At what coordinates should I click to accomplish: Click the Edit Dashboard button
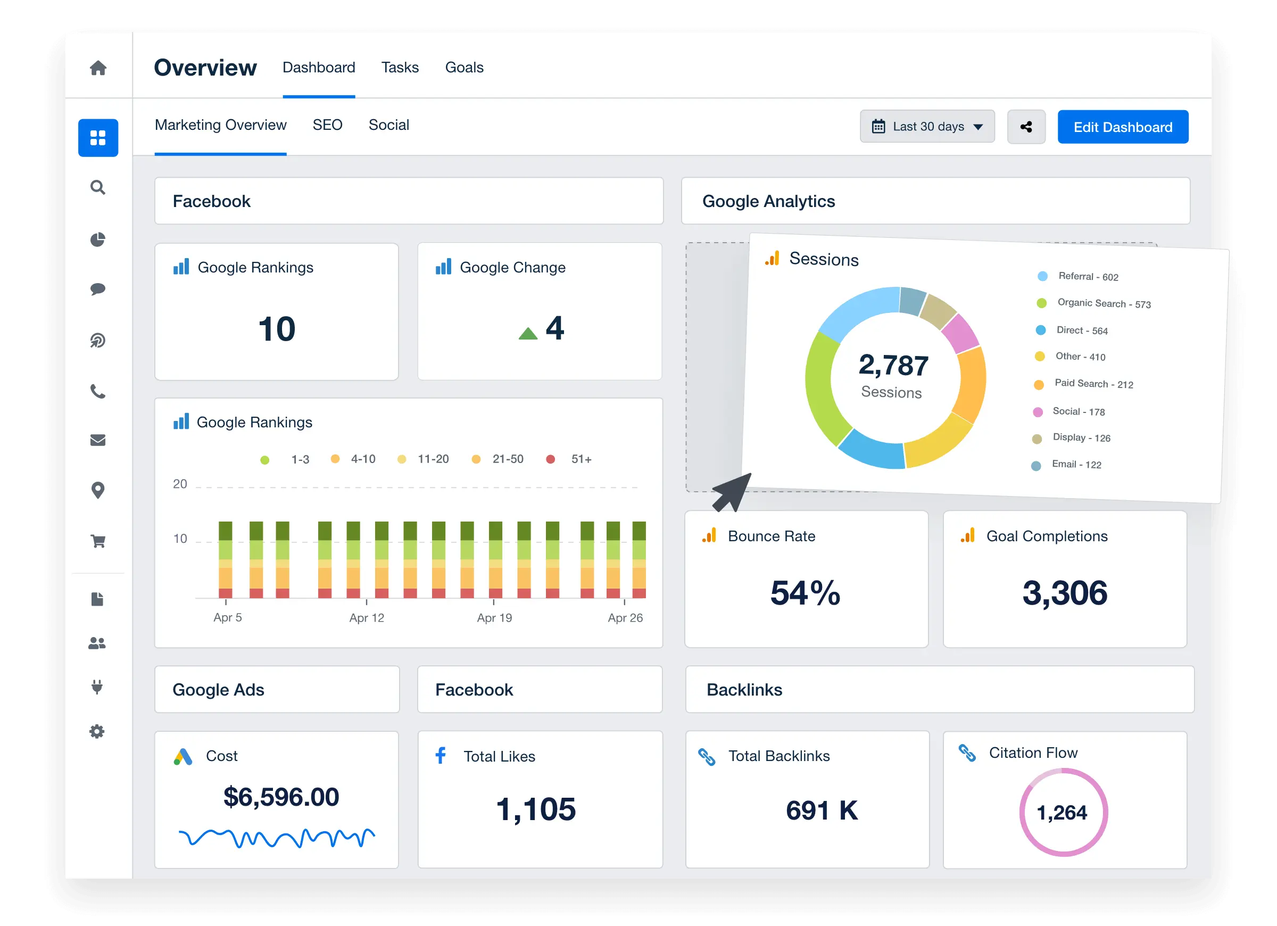tap(1122, 127)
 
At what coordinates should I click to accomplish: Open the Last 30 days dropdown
tap(927, 127)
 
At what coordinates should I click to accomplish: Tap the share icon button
tap(1026, 127)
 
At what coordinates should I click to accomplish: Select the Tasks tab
tap(400, 68)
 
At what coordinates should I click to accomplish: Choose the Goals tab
tap(464, 68)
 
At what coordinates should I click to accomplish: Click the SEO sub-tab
tap(327, 125)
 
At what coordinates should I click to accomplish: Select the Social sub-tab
tap(388, 125)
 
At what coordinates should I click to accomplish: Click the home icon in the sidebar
tap(98, 68)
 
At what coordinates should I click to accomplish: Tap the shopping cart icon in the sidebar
tap(98, 541)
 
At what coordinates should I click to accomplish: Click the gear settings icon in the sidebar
tap(97, 732)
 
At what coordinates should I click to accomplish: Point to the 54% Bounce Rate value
tap(805, 593)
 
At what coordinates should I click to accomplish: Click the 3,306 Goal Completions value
tap(1064, 593)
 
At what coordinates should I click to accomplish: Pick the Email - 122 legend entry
tap(1075, 465)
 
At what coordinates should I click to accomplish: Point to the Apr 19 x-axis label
tap(494, 618)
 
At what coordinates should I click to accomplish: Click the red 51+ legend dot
tap(551, 460)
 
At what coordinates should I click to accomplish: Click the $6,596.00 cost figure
tap(281, 797)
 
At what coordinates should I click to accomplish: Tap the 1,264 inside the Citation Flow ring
tap(1062, 813)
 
